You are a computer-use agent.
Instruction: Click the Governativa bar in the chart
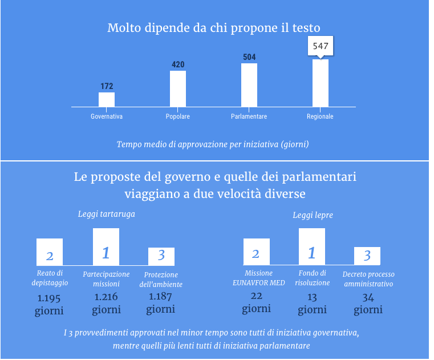click(x=107, y=100)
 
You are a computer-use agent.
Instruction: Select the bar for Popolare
click(x=178, y=88)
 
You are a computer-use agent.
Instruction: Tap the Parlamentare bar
click(x=249, y=85)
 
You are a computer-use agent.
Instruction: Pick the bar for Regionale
click(x=321, y=83)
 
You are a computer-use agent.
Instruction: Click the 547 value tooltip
click(x=321, y=46)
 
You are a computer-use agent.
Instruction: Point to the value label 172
click(x=107, y=87)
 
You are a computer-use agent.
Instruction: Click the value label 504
click(x=249, y=57)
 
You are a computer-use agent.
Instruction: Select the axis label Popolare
click(x=178, y=116)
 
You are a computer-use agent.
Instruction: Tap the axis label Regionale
click(x=321, y=116)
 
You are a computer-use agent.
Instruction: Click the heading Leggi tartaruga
click(x=106, y=214)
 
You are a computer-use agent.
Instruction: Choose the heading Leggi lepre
click(x=313, y=215)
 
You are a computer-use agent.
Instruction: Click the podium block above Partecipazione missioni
click(x=106, y=246)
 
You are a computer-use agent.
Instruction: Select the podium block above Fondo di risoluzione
click(x=312, y=246)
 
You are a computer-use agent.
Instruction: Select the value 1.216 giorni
click(x=106, y=304)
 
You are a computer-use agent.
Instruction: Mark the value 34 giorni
click(x=368, y=304)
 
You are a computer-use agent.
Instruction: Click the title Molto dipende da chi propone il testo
click(x=214, y=28)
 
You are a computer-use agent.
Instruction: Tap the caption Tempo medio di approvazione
click(x=213, y=144)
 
